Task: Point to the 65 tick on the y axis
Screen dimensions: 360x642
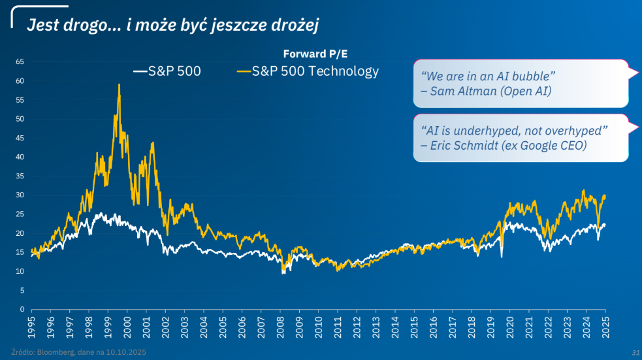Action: tap(20, 62)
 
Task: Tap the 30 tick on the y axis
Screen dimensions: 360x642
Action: tap(20, 195)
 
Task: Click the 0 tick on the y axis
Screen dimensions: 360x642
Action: tap(22, 309)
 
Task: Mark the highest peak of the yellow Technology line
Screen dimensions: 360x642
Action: tap(119, 84)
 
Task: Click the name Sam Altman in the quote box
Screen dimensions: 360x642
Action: tap(462, 91)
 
